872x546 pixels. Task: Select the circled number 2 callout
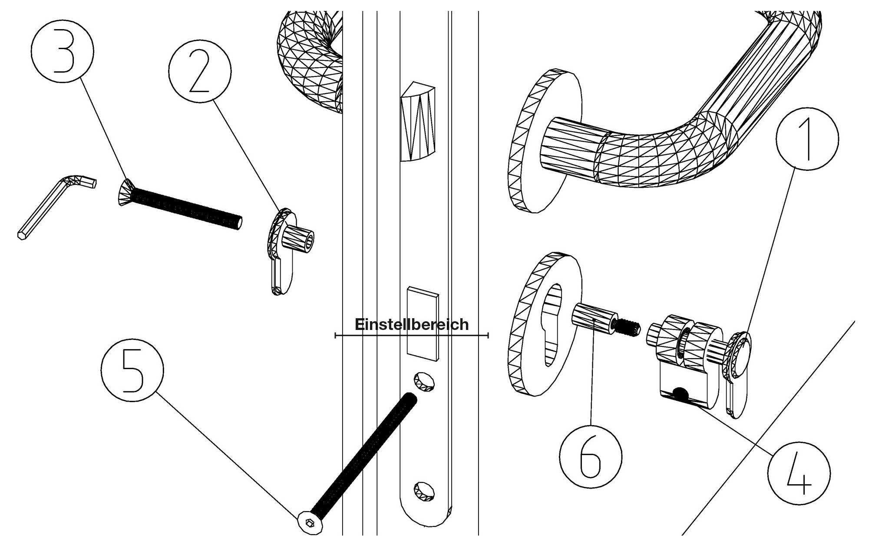click(200, 71)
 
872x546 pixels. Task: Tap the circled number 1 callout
click(807, 139)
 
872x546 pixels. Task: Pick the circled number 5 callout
click(132, 370)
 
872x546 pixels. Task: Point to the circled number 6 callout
click(591, 456)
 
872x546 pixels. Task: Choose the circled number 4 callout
click(799, 473)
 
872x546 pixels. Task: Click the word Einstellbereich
click(412, 324)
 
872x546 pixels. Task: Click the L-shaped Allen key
click(52, 204)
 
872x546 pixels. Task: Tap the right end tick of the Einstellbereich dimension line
click(489, 335)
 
